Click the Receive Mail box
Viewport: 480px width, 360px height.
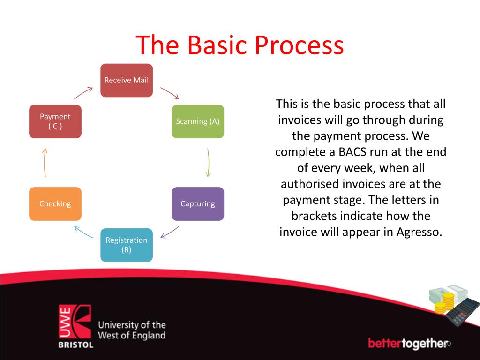pos(127,80)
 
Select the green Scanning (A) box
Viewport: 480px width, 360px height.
pos(198,121)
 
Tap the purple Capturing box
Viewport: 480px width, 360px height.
pos(198,204)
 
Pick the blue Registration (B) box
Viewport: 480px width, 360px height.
pos(127,245)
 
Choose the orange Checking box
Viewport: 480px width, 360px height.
pos(55,204)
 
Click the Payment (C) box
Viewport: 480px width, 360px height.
pos(55,121)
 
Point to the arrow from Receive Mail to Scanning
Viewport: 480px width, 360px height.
pos(170,93)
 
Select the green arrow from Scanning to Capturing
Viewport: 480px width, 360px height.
pos(208,163)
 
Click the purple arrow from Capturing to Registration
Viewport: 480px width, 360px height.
pos(170,232)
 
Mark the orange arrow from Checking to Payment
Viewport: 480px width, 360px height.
pos(45,163)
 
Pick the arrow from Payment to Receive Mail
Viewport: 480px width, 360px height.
pos(83,93)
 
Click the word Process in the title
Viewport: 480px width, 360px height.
pos(299,45)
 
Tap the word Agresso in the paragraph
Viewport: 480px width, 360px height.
pos(420,232)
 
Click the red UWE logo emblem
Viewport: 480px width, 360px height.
pos(75,322)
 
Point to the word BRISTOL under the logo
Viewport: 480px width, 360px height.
pos(75,345)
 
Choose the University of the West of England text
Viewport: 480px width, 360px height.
pos(132,330)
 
